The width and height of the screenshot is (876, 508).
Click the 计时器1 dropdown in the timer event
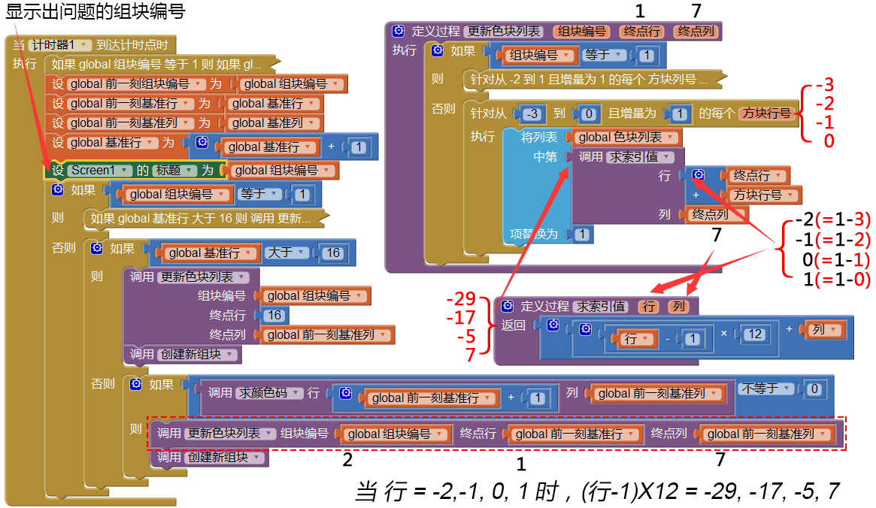60,45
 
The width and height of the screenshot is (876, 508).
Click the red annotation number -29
460,297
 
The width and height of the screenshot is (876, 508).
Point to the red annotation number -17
460,317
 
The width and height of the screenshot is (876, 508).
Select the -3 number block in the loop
532,114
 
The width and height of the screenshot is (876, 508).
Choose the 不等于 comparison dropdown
767,389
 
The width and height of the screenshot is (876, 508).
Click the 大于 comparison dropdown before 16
289,252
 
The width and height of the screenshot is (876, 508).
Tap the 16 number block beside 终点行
274,316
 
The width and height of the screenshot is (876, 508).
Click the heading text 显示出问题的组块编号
95,12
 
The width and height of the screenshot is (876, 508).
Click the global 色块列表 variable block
627,138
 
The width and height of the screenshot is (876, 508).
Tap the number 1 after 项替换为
580,234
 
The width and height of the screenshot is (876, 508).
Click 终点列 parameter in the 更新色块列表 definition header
696,32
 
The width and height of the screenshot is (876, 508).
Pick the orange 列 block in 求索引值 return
824,330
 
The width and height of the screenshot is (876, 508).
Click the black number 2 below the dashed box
347,458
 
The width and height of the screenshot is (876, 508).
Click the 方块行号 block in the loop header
765,114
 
